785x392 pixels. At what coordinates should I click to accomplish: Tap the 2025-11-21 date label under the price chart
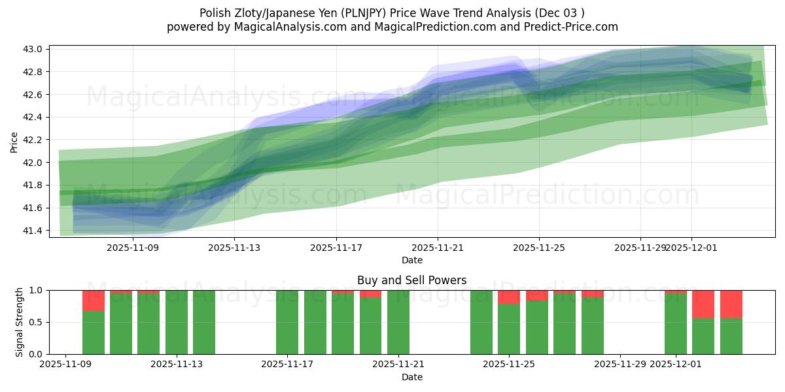(x=438, y=248)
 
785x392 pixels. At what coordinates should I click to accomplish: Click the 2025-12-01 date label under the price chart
(x=692, y=248)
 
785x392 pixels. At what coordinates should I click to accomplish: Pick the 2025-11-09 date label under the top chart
(x=133, y=248)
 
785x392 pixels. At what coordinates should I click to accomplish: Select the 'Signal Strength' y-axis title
(x=20, y=322)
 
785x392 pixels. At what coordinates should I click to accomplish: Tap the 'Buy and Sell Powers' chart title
(x=411, y=280)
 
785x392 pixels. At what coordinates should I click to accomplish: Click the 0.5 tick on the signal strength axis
(x=36, y=322)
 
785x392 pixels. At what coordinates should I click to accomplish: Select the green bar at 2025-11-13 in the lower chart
(x=204, y=322)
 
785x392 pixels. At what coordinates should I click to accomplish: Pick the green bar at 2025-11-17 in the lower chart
(x=287, y=322)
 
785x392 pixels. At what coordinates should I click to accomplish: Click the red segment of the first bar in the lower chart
(x=94, y=301)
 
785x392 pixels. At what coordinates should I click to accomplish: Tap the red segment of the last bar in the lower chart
(x=731, y=304)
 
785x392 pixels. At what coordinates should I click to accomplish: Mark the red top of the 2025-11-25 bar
(x=509, y=297)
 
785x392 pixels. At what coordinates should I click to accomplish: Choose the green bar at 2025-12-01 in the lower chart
(x=676, y=324)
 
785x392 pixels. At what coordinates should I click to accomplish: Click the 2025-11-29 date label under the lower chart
(x=619, y=365)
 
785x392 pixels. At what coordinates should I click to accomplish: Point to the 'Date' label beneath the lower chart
(x=411, y=377)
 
